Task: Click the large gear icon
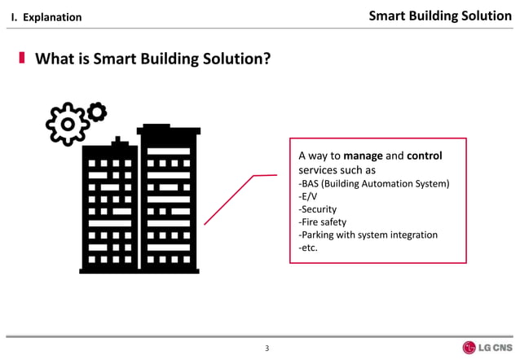pyautogui.click(x=68, y=125)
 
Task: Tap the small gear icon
pyautogui.click(x=96, y=112)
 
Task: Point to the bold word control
pyautogui.click(x=424, y=156)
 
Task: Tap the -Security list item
pyautogui.click(x=319, y=209)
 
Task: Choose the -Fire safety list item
pyautogui.click(x=323, y=222)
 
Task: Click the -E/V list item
pyautogui.click(x=310, y=195)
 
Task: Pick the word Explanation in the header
pyautogui.click(x=51, y=17)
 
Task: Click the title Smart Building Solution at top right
pyautogui.click(x=440, y=15)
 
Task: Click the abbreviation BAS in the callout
pyautogui.click(x=312, y=183)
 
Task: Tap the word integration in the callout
pyautogui.click(x=415, y=235)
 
